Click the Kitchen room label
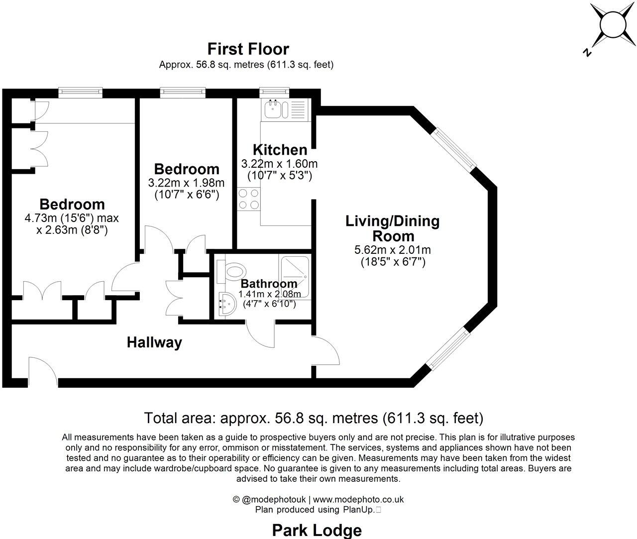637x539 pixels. [x=280, y=150]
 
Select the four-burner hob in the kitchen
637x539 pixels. [x=248, y=199]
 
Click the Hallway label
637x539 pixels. [x=154, y=342]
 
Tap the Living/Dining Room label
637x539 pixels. [x=393, y=228]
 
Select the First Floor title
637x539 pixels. [x=248, y=49]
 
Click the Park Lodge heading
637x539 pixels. [x=317, y=530]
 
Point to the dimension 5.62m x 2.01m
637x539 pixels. [x=393, y=250]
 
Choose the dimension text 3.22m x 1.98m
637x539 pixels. [x=186, y=183]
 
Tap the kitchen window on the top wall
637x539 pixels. [x=274, y=92]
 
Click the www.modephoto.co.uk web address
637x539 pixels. [x=358, y=499]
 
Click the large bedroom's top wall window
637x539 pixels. [x=80, y=92]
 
